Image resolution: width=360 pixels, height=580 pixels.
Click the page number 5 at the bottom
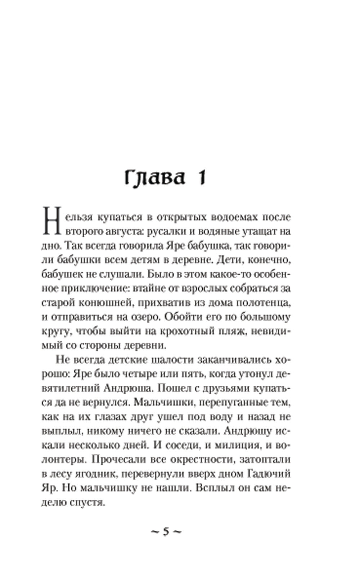tap(166, 532)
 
